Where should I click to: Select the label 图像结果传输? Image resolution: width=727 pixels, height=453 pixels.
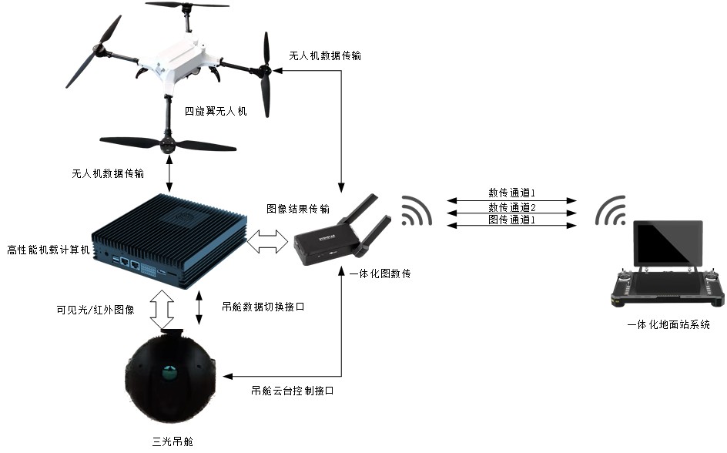[x=298, y=209]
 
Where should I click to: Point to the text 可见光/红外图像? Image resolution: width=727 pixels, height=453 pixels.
[x=95, y=310]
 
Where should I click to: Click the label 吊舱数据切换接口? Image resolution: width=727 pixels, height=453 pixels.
[x=263, y=307]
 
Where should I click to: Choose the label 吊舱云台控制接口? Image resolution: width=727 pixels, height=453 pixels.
[x=292, y=391]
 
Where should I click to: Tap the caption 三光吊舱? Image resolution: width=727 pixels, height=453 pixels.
[x=171, y=441]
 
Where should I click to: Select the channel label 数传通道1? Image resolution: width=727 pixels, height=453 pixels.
[x=511, y=193]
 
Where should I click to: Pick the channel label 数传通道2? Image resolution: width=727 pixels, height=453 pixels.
[x=511, y=207]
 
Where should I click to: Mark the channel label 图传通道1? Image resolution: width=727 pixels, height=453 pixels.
[x=511, y=220]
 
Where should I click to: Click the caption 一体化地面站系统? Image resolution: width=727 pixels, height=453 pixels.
[x=668, y=325]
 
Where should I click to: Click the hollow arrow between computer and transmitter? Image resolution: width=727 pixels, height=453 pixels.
[x=268, y=244]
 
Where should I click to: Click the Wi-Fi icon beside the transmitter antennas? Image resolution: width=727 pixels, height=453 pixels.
[x=415, y=210]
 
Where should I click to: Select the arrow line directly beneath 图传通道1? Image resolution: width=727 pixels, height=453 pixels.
[x=511, y=226]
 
